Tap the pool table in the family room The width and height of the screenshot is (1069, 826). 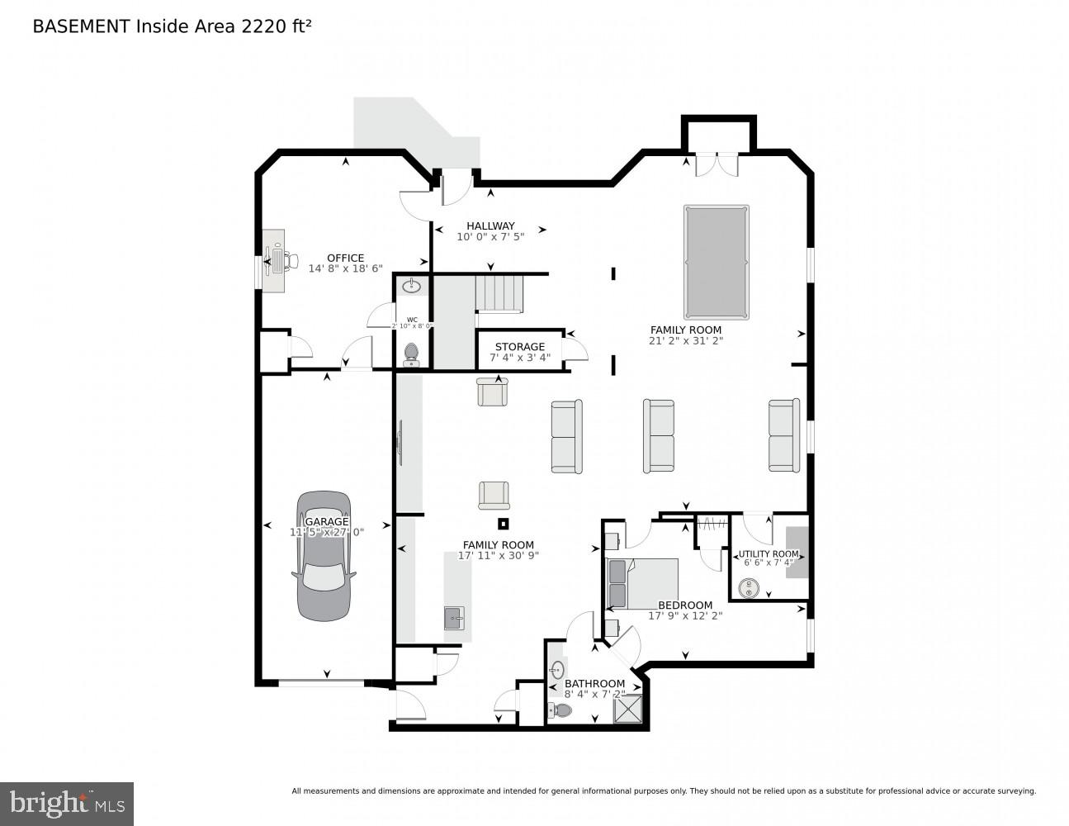(x=716, y=262)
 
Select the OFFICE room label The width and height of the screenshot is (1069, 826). (x=345, y=258)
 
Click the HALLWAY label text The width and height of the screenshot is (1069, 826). (x=490, y=225)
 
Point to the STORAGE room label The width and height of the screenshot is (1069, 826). (x=519, y=347)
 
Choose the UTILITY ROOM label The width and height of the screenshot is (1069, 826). (x=769, y=553)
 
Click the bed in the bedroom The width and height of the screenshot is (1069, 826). (x=643, y=583)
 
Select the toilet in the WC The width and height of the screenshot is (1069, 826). (x=411, y=354)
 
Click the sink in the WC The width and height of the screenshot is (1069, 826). (x=411, y=287)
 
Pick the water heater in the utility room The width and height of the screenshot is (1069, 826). (x=750, y=588)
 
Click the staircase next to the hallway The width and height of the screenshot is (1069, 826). (x=499, y=293)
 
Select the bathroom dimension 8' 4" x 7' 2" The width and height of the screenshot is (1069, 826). (x=594, y=695)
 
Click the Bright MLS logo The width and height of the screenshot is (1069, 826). (x=66, y=803)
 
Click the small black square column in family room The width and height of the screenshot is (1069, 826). (x=504, y=523)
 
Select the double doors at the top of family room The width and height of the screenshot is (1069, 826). (x=717, y=164)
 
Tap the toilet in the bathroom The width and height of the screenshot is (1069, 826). (x=561, y=710)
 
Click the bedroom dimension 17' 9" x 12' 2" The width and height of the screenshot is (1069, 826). (x=685, y=615)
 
